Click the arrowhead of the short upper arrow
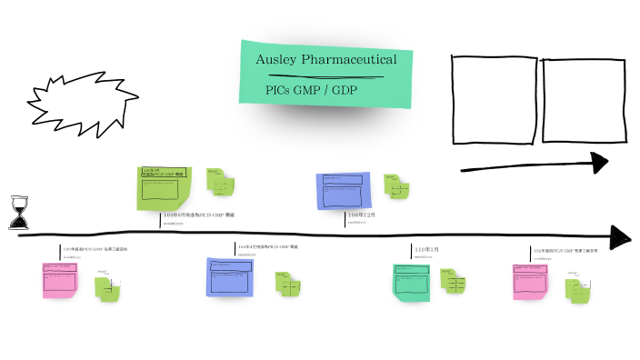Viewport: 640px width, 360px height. (x=597, y=163)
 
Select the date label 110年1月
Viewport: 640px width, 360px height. (x=426, y=249)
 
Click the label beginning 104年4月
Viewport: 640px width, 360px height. (x=267, y=246)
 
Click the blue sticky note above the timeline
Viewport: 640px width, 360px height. (x=342, y=192)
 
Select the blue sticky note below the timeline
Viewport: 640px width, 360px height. (x=231, y=276)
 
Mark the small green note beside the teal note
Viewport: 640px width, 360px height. (x=454, y=283)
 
